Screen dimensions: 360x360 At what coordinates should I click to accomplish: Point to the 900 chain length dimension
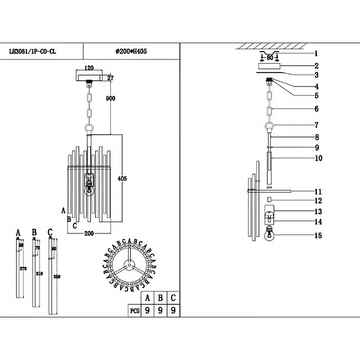(x=110, y=99)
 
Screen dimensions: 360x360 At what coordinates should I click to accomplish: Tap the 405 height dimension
(x=123, y=178)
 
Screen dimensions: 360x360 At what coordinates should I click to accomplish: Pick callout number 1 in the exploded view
(x=316, y=54)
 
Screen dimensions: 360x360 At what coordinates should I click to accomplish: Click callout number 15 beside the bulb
(x=317, y=236)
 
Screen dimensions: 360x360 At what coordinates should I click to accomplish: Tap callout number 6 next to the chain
(x=316, y=109)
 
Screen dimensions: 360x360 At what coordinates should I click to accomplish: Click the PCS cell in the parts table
(x=134, y=311)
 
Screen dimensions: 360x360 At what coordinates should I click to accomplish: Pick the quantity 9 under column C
(x=173, y=311)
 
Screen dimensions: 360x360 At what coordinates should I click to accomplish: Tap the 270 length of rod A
(x=23, y=270)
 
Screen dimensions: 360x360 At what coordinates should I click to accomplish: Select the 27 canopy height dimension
(x=110, y=78)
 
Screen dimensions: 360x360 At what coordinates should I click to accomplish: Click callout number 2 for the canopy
(x=316, y=65)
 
